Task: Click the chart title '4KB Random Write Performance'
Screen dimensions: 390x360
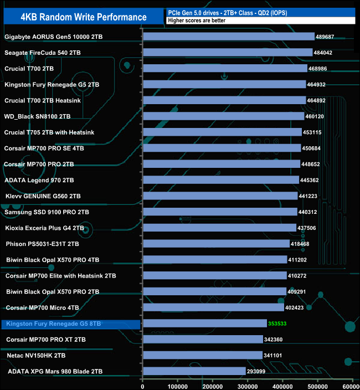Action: coord(83,17)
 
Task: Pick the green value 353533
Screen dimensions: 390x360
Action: coord(281,323)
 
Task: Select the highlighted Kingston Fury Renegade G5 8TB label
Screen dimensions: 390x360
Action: coord(52,324)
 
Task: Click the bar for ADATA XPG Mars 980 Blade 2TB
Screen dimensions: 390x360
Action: coord(194,371)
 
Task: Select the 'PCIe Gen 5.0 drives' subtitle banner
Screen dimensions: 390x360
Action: coord(260,12)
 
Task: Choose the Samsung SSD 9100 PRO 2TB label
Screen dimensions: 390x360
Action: coord(47,212)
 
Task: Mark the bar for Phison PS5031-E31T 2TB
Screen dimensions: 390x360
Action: coord(216,244)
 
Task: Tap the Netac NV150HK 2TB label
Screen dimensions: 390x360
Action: coord(36,355)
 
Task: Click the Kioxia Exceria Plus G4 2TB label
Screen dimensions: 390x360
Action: coord(44,228)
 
